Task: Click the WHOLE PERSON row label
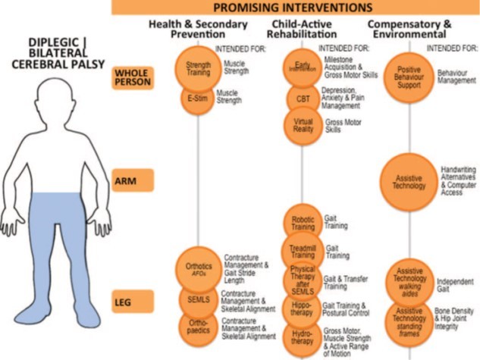[133, 77]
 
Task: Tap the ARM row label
[133, 180]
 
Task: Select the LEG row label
[133, 301]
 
